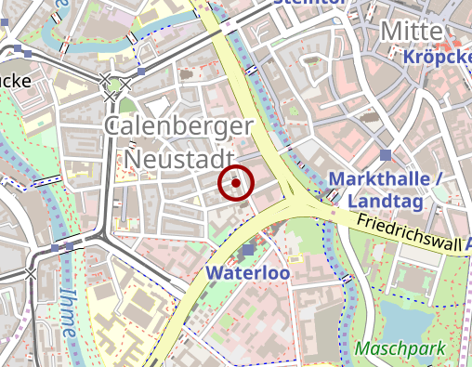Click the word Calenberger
178,128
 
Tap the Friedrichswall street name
409,231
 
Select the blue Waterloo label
249,273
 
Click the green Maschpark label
400,349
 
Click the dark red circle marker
236,183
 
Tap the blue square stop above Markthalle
387,155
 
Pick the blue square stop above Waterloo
249,250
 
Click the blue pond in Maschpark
409,321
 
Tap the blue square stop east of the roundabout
140,72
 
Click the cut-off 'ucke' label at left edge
15,81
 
